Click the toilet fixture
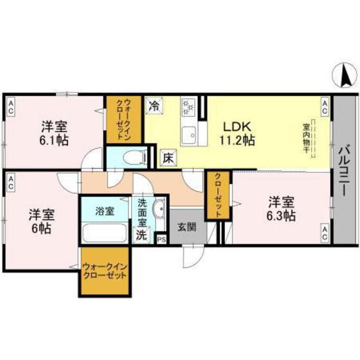(x=131, y=156)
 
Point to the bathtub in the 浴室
(x=104, y=233)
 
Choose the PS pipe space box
(x=160, y=239)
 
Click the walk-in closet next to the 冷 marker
(x=127, y=119)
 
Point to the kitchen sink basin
(x=189, y=136)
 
